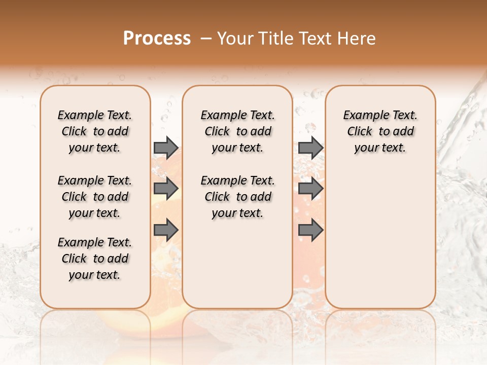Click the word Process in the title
157,38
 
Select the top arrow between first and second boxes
166,148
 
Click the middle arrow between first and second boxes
166,189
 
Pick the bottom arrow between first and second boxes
166,230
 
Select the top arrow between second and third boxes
310,148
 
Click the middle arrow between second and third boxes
310,189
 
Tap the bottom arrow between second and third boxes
310,230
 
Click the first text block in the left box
95,131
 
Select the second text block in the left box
95,197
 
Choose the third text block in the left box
95,259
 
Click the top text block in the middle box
238,131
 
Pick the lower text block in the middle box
238,197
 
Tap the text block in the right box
380,131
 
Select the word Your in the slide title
233,39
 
